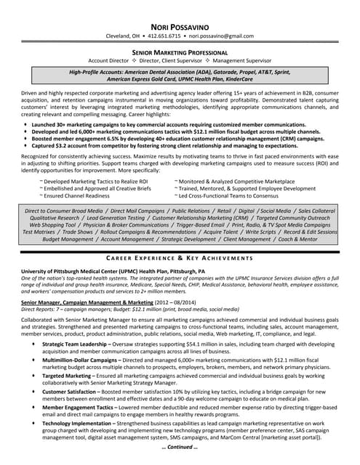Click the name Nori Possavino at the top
179,24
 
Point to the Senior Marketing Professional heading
179,53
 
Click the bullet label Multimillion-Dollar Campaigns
82,358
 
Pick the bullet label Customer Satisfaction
71,391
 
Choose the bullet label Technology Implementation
79,423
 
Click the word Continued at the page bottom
179,447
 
